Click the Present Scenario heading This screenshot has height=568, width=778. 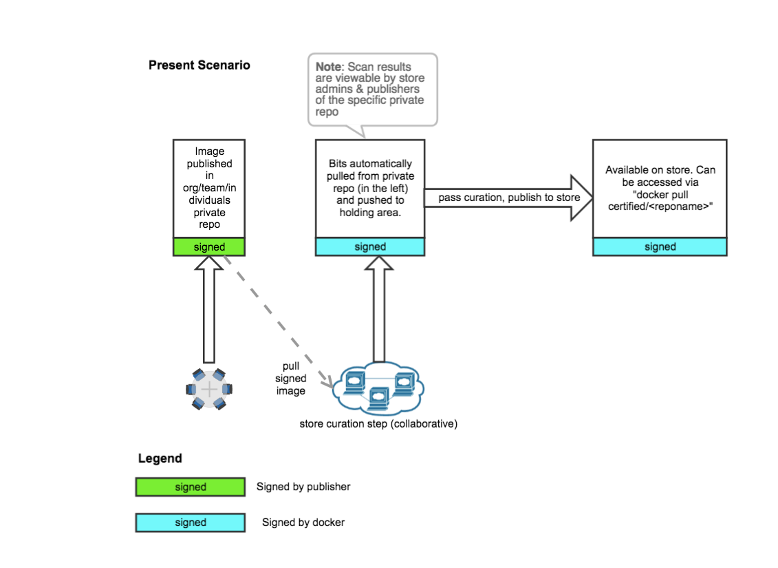199,65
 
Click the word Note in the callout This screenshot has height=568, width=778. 328,67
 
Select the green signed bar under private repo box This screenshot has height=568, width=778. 208,246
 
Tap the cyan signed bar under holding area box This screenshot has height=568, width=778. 370,246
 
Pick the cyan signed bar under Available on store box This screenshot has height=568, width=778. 660,246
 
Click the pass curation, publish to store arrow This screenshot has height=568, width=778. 509,198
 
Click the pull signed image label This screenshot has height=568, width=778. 290,378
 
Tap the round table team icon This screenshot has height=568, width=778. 209,389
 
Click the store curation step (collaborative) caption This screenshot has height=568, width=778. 378,423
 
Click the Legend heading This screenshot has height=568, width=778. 160,459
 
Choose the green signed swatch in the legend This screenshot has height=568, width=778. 191,487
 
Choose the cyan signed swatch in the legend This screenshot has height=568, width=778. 191,523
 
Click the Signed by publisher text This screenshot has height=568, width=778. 303,487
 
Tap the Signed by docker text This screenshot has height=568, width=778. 303,523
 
